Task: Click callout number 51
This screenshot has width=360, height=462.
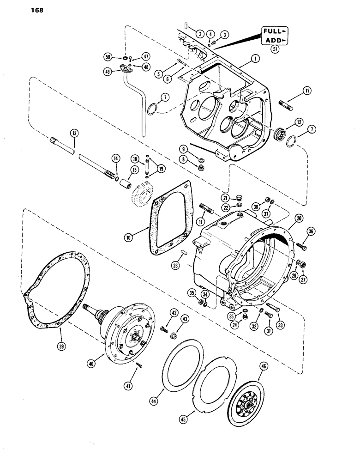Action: coord(276,51)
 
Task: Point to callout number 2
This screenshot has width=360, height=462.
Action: coord(200,34)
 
